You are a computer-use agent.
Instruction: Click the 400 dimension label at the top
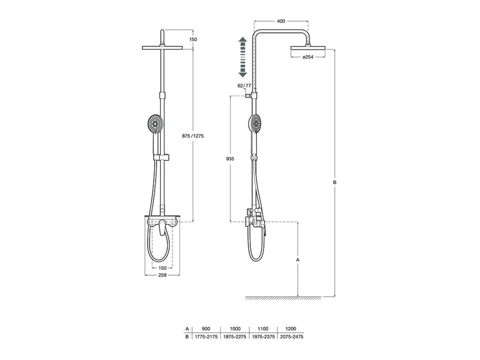(281, 21)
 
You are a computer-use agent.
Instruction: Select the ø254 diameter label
(308, 57)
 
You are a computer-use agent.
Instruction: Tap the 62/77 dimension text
(244, 86)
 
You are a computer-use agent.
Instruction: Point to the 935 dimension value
(230, 158)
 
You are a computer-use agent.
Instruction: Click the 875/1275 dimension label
(193, 136)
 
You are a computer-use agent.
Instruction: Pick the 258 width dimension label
(162, 275)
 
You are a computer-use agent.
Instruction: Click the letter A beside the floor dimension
(298, 260)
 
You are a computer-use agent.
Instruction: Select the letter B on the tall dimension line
(335, 182)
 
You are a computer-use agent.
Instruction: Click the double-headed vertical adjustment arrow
(243, 57)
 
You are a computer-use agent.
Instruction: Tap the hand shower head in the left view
(155, 124)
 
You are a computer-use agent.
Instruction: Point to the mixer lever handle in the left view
(162, 228)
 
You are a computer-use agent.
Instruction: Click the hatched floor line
(283, 298)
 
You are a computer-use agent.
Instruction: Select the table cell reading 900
(206, 329)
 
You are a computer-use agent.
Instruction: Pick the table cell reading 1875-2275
(235, 337)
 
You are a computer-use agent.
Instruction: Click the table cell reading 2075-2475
(292, 337)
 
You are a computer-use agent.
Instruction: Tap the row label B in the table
(187, 337)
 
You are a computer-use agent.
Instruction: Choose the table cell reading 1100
(263, 329)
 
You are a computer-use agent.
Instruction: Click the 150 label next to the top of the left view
(193, 39)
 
